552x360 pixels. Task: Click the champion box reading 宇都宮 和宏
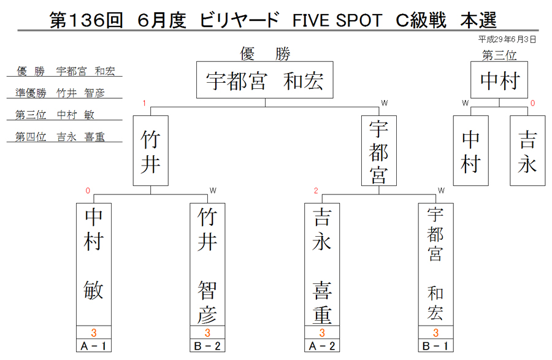pyautogui.click(x=265, y=80)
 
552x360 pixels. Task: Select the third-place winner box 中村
pyautogui.click(x=499, y=80)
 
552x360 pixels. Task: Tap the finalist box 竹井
pyautogui.click(x=151, y=151)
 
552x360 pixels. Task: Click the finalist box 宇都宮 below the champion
pyautogui.click(x=379, y=151)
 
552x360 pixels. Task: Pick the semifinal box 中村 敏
pyautogui.click(x=94, y=264)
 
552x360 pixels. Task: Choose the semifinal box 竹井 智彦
pyautogui.click(x=207, y=264)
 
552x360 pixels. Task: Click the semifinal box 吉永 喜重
pyautogui.click(x=322, y=264)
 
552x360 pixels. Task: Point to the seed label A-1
pyautogui.click(x=94, y=346)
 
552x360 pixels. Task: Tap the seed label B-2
pyautogui.click(x=207, y=346)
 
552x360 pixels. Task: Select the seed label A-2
pyautogui.click(x=322, y=346)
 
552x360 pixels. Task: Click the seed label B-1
pyautogui.click(x=436, y=346)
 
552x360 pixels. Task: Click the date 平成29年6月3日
pyautogui.click(x=507, y=39)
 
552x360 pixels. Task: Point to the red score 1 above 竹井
pyautogui.click(x=144, y=103)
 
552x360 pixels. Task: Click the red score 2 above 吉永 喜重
pyautogui.click(x=316, y=191)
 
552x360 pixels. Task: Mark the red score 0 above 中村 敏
pyautogui.click(x=88, y=191)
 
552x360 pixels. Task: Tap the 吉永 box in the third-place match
pyautogui.click(x=527, y=151)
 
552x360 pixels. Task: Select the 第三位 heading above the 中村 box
pyautogui.click(x=499, y=55)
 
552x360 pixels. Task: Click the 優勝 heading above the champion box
pyautogui.click(x=265, y=54)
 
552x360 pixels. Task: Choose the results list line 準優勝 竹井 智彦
pyautogui.click(x=60, y=93)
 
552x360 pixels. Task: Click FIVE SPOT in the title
pyautogui.click(x=337, y=20)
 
